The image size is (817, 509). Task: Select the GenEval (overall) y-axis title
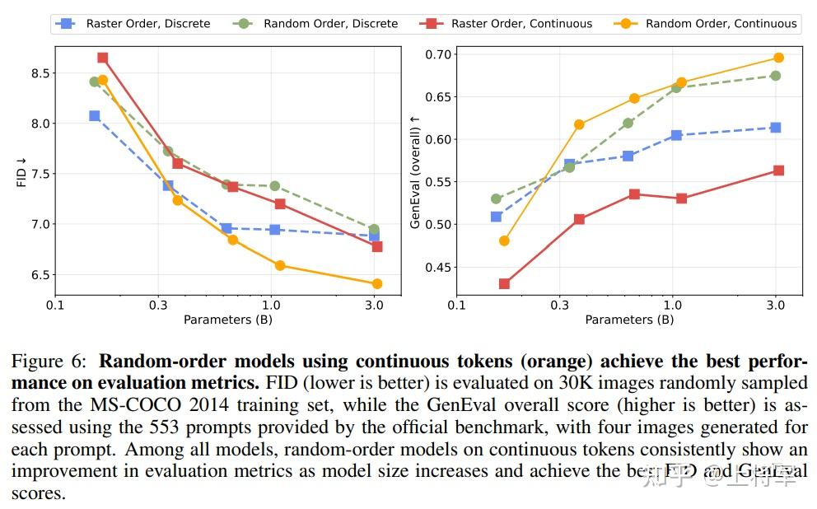(415, 171)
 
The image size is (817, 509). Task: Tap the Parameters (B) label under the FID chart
(228, 319)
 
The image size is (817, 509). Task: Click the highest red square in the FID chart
(102, 58)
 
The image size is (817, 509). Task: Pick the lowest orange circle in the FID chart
(377, 283)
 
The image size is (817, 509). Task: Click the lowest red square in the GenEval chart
(504, 283)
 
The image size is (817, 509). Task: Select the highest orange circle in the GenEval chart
(778, 58)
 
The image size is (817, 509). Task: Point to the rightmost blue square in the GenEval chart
(776, 128)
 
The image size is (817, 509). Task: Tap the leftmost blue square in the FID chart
(95, 116)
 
